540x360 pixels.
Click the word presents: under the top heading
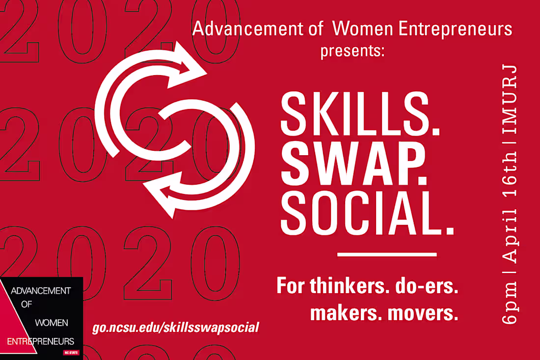point(352,51)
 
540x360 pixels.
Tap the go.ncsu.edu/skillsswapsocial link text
point(175,327)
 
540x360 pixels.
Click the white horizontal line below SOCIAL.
point(387,254)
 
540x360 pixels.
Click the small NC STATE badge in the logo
point(70,352)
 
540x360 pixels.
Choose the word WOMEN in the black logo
point(52,323)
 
